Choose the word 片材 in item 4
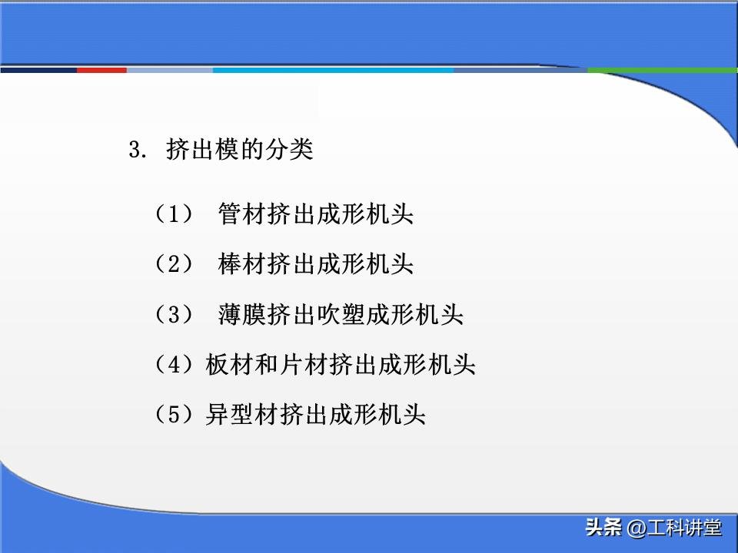point(304,365)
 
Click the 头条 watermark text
point(603,528)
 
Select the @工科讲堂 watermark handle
point(674,528)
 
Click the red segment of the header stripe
point(101,70)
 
